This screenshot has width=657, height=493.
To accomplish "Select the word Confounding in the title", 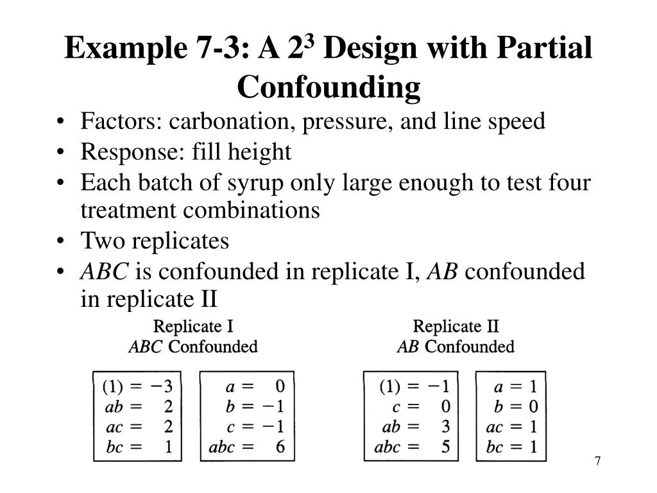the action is [x=328, y=87].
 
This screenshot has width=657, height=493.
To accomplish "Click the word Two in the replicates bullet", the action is [x=103, y=241].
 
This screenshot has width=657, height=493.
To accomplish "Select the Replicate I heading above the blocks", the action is [x=194, y=326].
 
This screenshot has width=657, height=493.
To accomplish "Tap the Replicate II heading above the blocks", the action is [x=456, y=326].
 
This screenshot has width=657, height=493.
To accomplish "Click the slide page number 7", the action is [x=597, y=461].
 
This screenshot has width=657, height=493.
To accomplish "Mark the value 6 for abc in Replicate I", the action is [x=280, y=447].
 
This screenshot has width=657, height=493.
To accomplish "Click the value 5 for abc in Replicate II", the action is [x=445, y=447].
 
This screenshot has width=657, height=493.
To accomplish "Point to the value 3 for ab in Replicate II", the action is [x=445, y=427].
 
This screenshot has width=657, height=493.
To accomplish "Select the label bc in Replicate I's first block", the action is [x=114, y=447].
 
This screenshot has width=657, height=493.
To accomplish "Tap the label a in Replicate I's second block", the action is [x=229, y=387].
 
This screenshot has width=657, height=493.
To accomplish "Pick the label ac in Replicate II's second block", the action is [x=494, y=427].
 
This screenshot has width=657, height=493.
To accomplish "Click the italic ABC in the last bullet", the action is [x=105, y=272].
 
